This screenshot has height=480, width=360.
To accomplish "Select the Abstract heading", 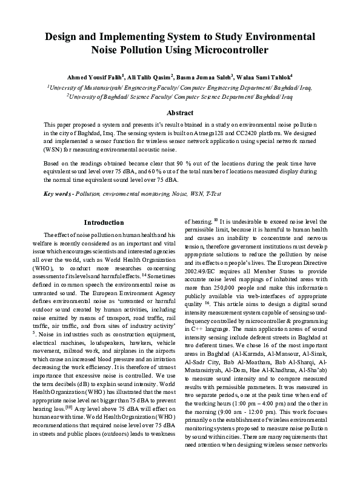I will (180, 113).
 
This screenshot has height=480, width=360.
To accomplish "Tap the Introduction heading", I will (104, 222).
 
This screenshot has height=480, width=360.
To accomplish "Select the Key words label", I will (59, 193).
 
